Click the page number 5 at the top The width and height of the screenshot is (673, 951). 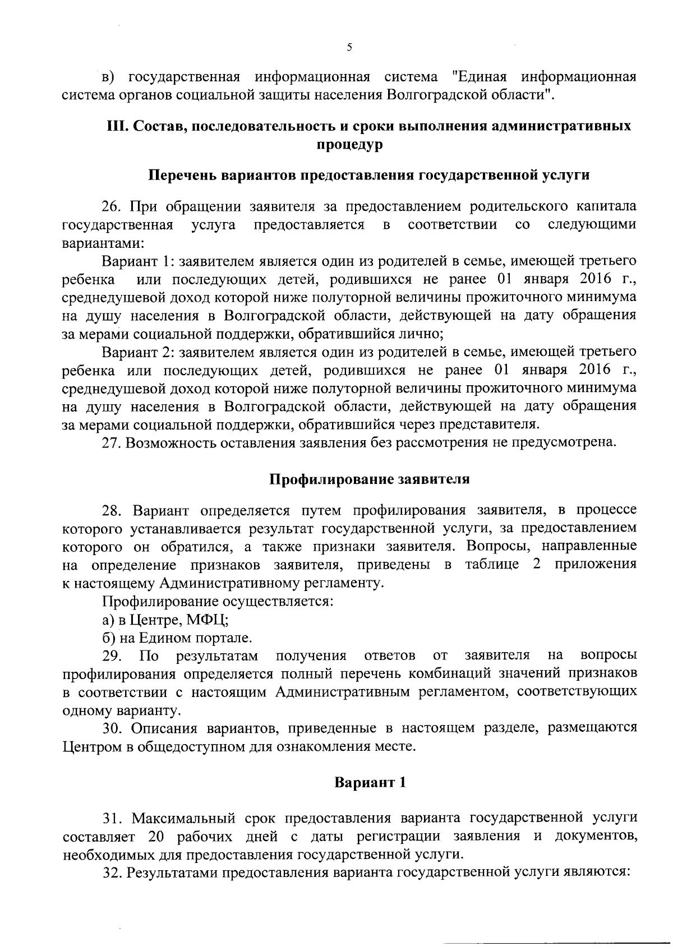(x=349, y=48)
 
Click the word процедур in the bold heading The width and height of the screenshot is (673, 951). (x=349, y=145)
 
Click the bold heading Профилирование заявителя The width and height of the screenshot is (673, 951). (x=370, y=480)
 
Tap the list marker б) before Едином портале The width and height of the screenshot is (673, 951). (x=109, y=638)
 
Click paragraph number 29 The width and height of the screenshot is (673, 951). (x=112, y=655)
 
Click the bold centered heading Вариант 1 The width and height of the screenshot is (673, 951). (x=370, y=783)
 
